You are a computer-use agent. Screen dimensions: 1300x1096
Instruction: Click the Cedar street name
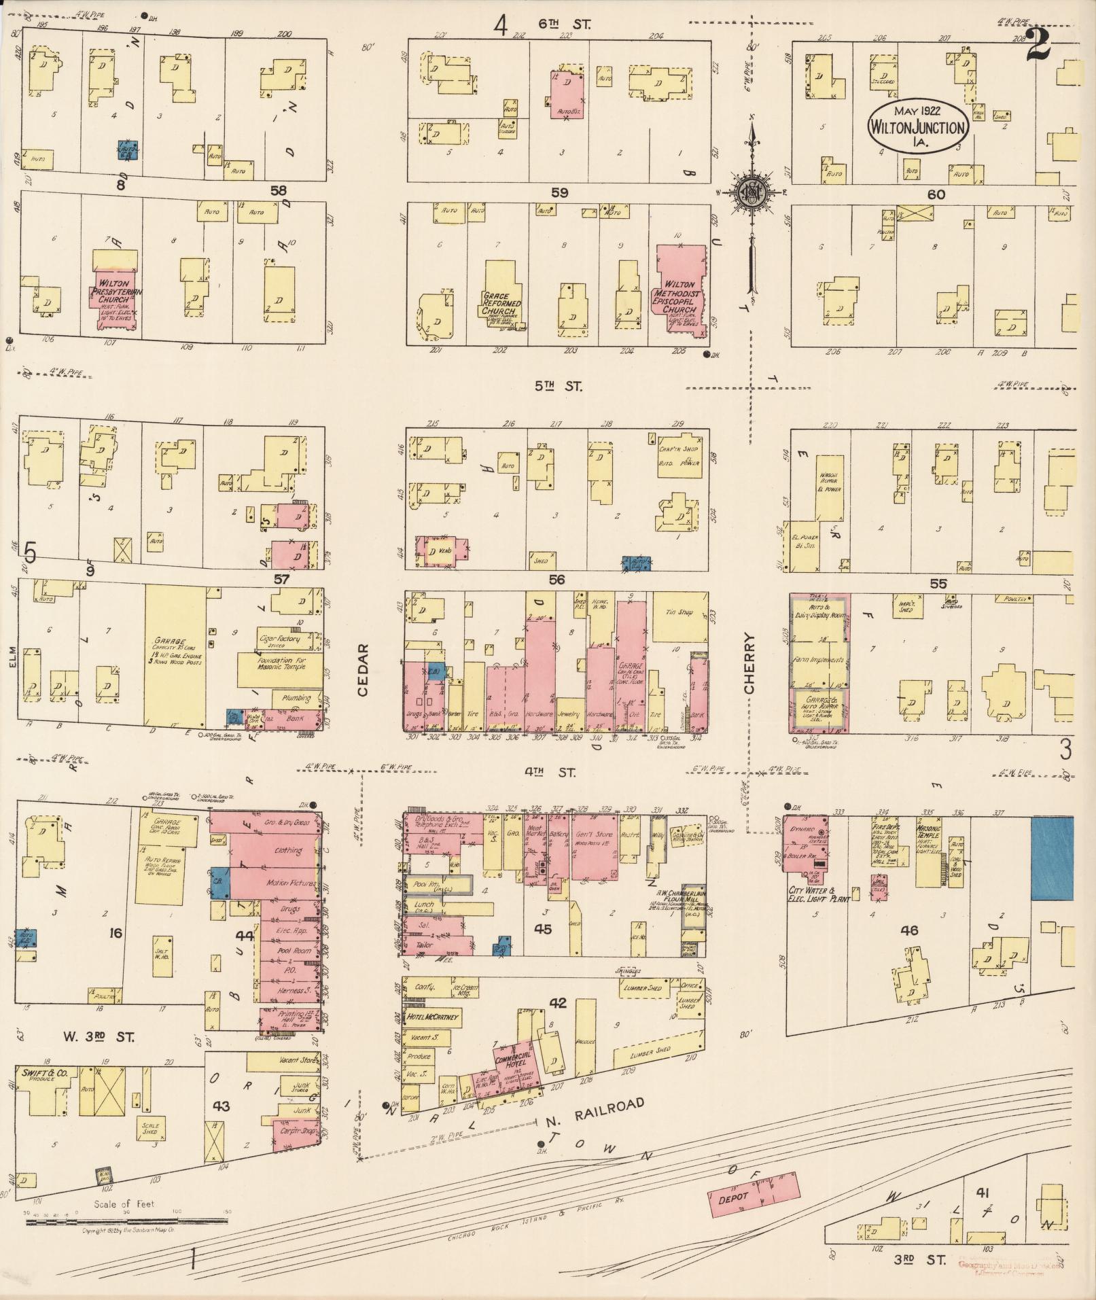362,670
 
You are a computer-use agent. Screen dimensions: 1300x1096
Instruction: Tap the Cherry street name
748,663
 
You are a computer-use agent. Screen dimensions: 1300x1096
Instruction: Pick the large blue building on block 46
1052,858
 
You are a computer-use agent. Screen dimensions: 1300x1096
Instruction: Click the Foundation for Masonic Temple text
279,663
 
